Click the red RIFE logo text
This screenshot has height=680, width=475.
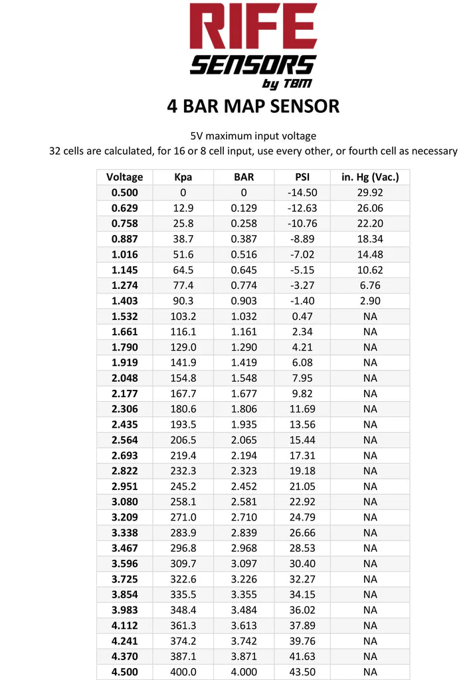coord(253,28)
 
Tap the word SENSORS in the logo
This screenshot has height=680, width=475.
coord(253,65)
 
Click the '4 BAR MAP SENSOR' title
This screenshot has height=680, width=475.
coord(253,106)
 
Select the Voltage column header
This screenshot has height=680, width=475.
coord(124,177)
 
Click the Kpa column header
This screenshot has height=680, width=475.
coord(183,177)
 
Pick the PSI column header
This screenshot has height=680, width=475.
coord(302,177)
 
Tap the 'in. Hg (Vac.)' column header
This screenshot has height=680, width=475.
coord(370,177)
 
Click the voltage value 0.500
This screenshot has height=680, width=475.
coord(124,193)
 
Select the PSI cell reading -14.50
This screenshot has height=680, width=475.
coord(302,193)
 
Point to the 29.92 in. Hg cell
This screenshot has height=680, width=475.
coord(370,193)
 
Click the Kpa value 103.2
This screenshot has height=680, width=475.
coord(183,316)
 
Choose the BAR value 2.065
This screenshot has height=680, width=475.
coord(244,440)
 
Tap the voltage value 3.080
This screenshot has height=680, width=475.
coord(124,501)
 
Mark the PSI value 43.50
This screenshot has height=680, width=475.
coord(302,671)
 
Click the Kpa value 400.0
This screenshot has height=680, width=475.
coord(183,671)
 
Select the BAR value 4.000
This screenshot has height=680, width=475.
coord(244,671)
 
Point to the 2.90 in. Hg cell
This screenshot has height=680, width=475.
coord(370,301)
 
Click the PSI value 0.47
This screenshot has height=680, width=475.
coord(302,316)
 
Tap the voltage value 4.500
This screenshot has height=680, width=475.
coord(124,671)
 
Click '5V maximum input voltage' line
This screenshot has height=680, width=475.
coord(253,136)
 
